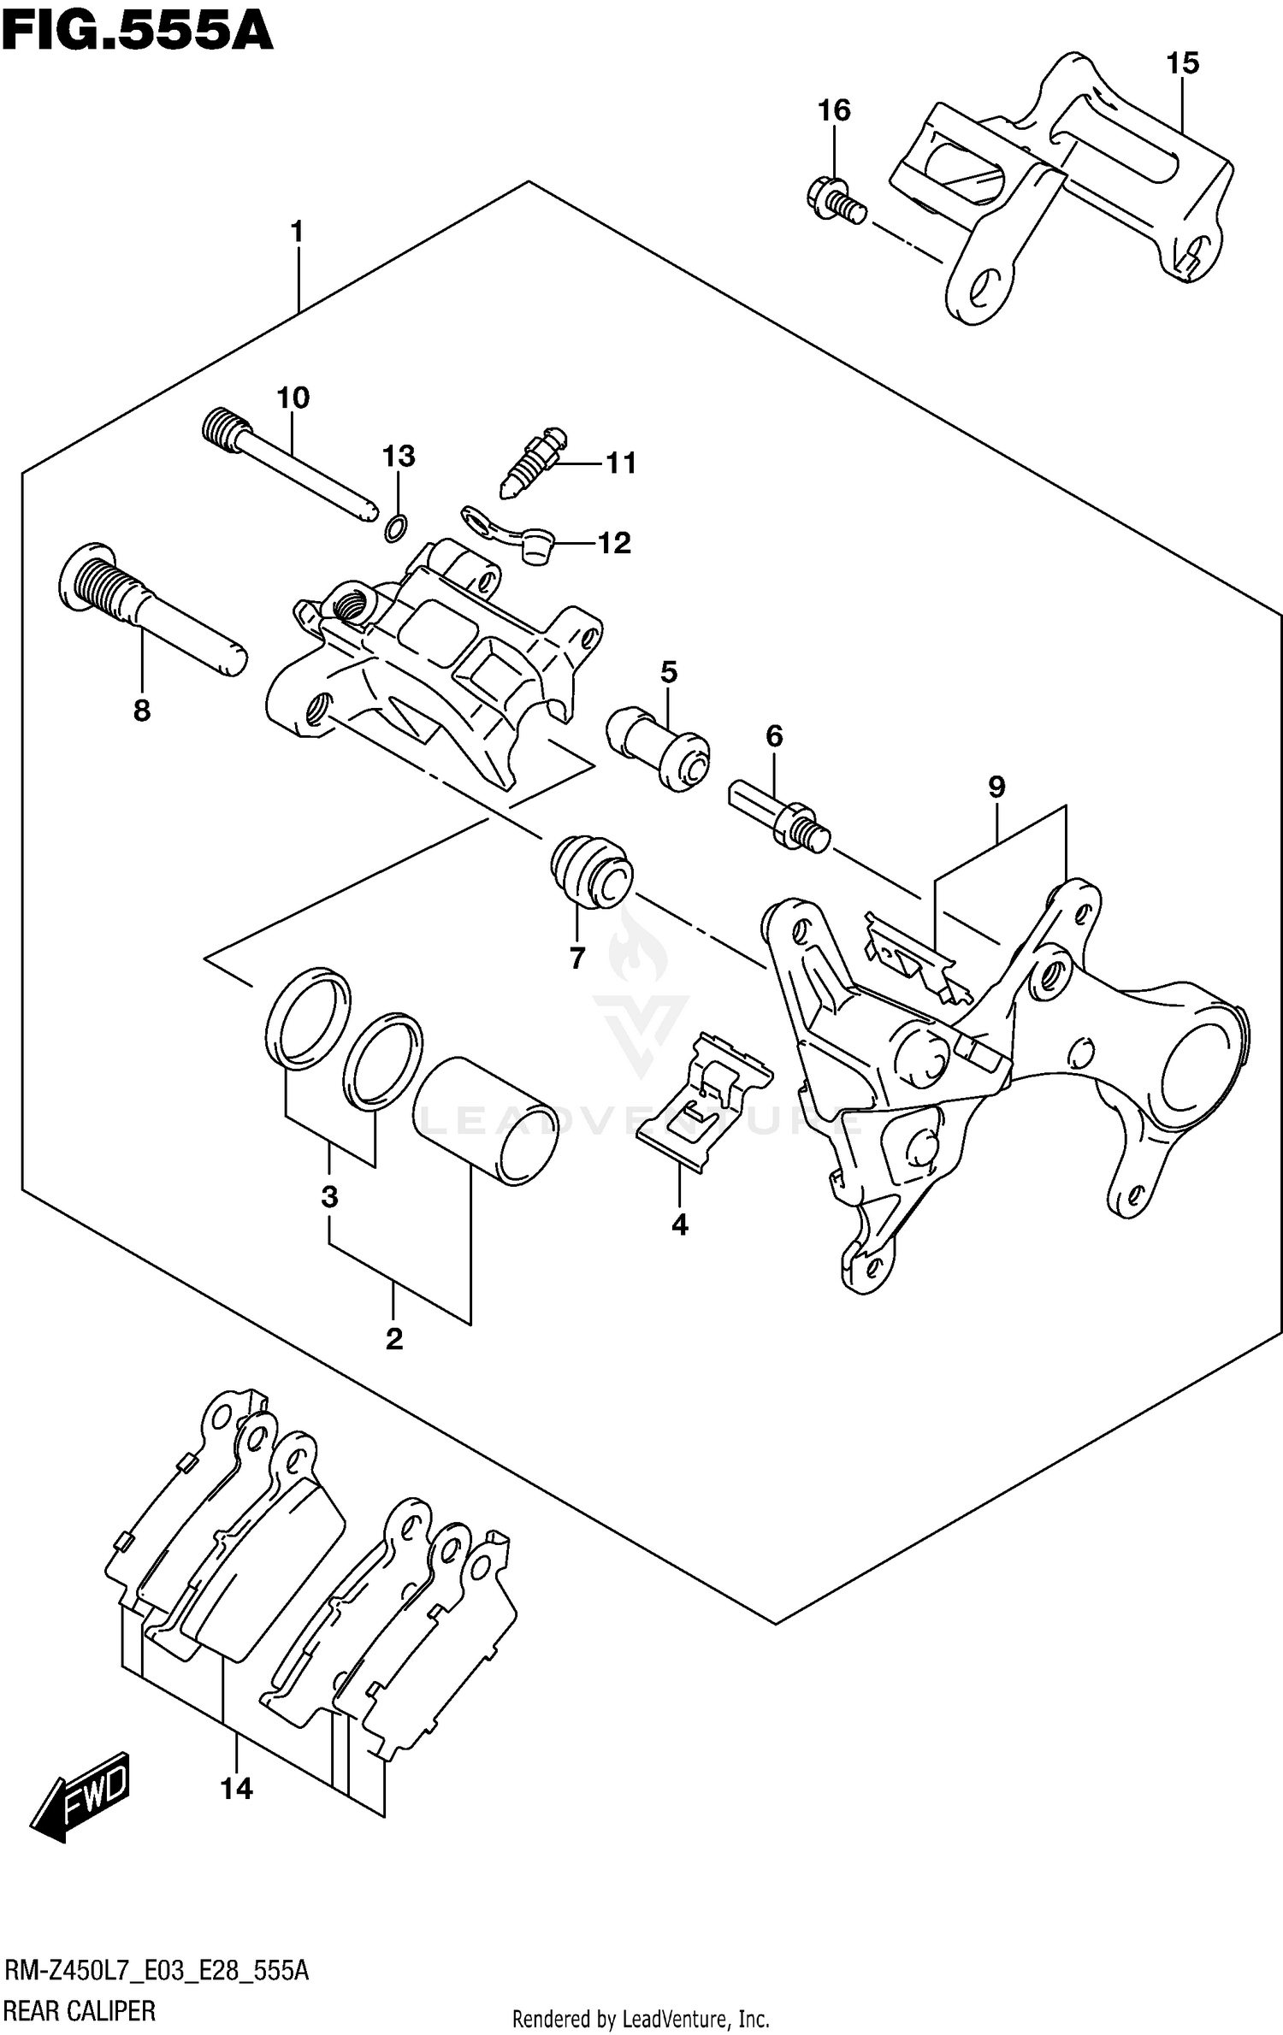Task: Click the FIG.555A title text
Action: [x=137, y=32]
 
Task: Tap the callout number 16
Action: [x=834, y=110]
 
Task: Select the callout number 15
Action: [x=1182, y=63]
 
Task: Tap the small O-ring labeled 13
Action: [x=395, y=529]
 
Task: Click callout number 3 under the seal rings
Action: [x=330, y=1197]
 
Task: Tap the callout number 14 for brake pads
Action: [x=236, y=1788]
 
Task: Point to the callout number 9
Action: [x=996, y=787]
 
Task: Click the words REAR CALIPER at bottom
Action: [x=81, y=2010]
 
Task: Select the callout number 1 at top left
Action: [x=297, y=232]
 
